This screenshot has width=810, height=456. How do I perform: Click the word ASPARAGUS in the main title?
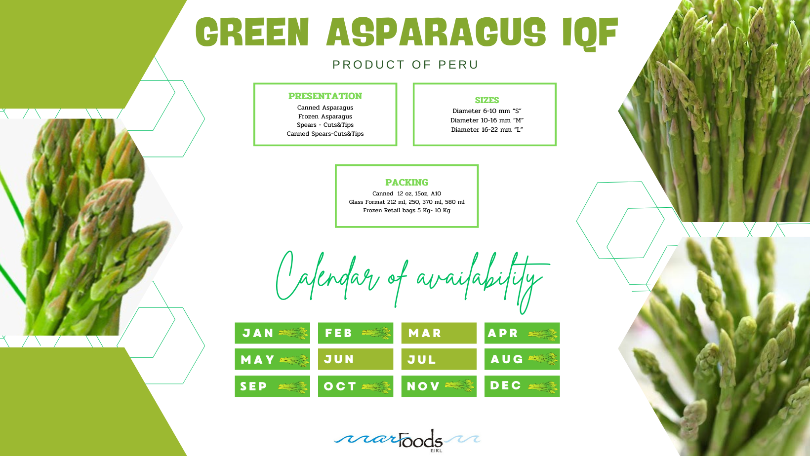pos(436,32)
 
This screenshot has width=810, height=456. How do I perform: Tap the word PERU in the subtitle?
pos(458,65)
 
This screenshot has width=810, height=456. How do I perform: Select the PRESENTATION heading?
pos(325,96)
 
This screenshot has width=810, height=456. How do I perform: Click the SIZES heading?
pos(486,100)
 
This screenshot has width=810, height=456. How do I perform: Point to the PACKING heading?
pos(407,183)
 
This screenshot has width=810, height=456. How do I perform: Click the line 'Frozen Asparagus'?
pos(325,116)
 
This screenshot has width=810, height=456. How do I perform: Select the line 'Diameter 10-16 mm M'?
pos(486,120)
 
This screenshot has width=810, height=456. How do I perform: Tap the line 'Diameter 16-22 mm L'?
pos(486,130)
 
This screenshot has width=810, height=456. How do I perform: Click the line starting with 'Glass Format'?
pos(407,202)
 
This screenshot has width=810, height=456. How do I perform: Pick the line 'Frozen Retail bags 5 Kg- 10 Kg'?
pos(407,210)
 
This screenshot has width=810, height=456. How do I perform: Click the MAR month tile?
pos(439,333)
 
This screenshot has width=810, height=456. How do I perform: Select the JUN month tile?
pos(356,359)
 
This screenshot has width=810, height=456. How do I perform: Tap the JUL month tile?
pos(439,359)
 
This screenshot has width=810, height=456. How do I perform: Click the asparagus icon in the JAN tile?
pos(293,333)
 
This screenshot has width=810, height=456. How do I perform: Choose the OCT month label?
pos(340,386)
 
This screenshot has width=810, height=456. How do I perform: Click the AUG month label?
pos(507,359)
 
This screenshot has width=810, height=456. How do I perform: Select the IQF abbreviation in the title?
pos(590,33)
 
